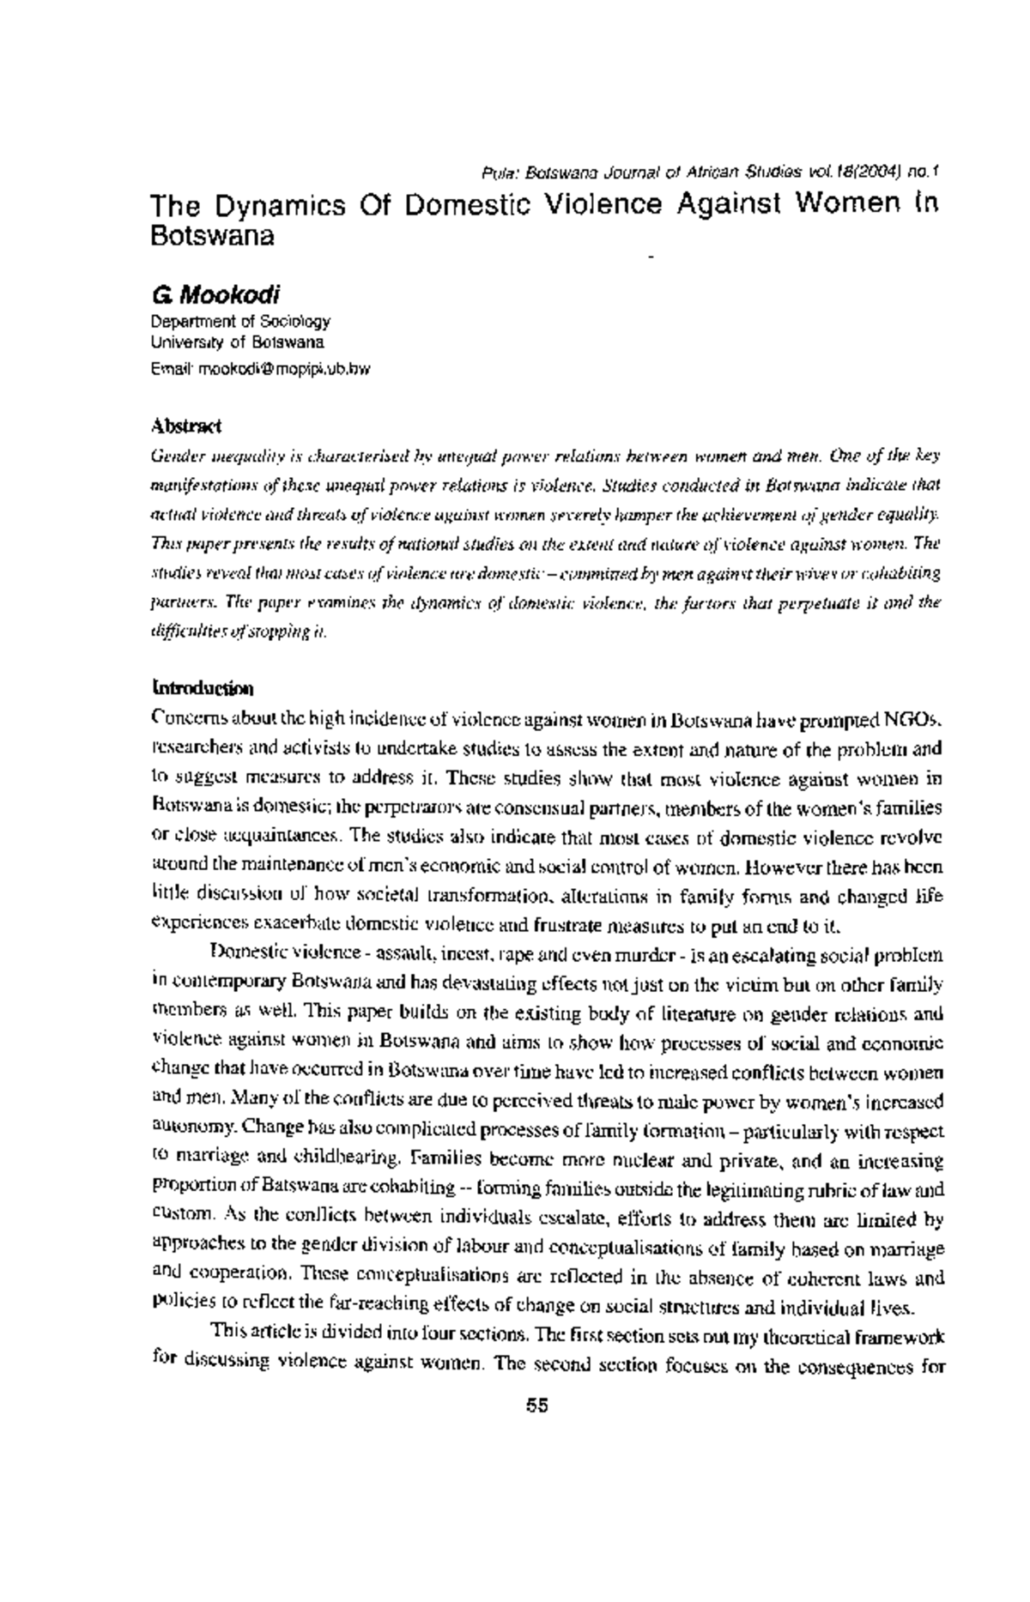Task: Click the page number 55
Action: [x=537, y=1406]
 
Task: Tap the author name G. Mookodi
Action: [x=215, y=297]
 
